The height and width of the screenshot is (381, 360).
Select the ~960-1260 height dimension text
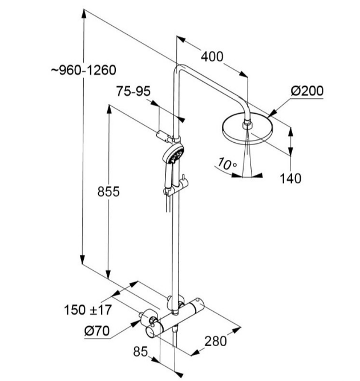point(83,70)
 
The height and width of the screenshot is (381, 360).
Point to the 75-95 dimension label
point(133,91)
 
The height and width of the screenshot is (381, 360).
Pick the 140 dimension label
point(290,179)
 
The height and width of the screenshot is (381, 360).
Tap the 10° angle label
point(227,164)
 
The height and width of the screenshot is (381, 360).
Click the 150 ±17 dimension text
point(87,310)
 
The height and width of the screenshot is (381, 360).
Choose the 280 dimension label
point(215,341)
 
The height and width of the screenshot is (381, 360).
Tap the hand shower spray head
point(173,154)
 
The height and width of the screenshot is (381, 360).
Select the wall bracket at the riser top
point(164,135)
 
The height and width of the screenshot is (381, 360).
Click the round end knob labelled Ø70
point(150,324)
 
